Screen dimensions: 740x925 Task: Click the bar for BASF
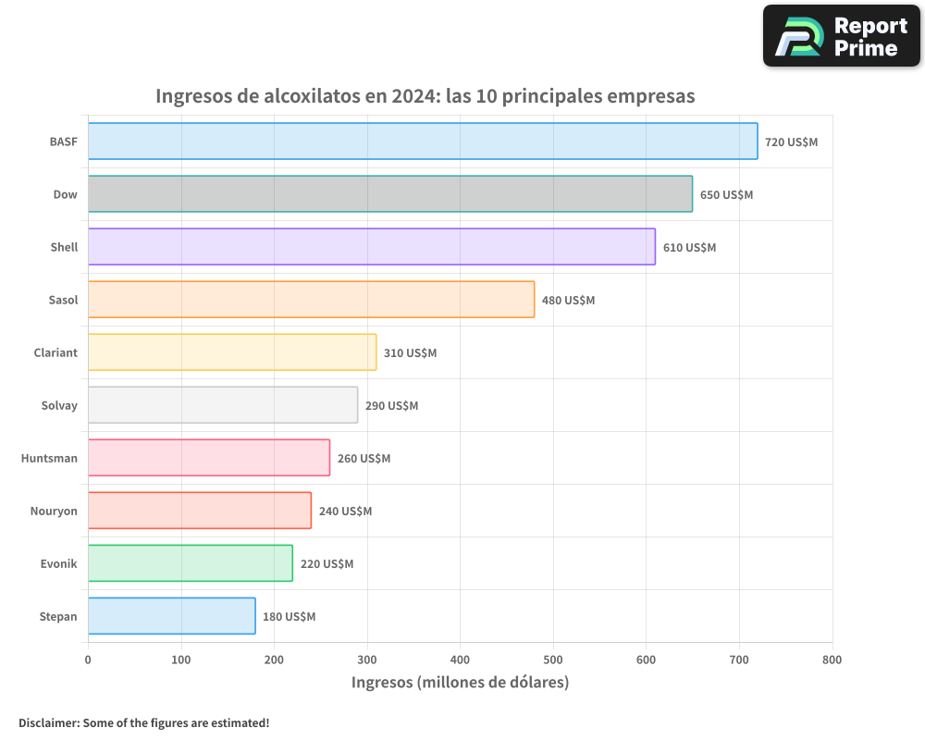point(423,142)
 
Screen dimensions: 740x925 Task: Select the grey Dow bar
point(389,194)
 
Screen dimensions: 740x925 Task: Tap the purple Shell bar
point(371,247)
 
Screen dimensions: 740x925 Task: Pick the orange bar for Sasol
point(311,300)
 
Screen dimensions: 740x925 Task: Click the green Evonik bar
point(190,563)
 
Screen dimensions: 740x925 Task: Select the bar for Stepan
point(171,616)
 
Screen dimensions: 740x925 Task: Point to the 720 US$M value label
point(791,142)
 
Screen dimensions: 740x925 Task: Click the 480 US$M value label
point(568,301)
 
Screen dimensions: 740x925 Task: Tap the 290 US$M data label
point(391,406)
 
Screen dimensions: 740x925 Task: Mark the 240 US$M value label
point(345,512)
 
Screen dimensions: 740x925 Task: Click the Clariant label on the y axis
point(55,352)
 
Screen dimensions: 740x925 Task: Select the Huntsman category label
point(49,458)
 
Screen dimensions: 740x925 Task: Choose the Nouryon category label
point(54,511)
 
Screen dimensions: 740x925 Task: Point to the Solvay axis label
point(59,405)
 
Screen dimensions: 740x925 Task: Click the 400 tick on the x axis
point(460,660)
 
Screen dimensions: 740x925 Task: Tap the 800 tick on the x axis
point(832,660)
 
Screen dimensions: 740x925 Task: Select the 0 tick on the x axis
point(88,660)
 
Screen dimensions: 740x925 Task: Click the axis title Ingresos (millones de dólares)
point(460,683)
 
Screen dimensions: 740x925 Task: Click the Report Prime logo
point(841,36)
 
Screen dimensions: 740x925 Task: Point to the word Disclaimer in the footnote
point(48,722)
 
